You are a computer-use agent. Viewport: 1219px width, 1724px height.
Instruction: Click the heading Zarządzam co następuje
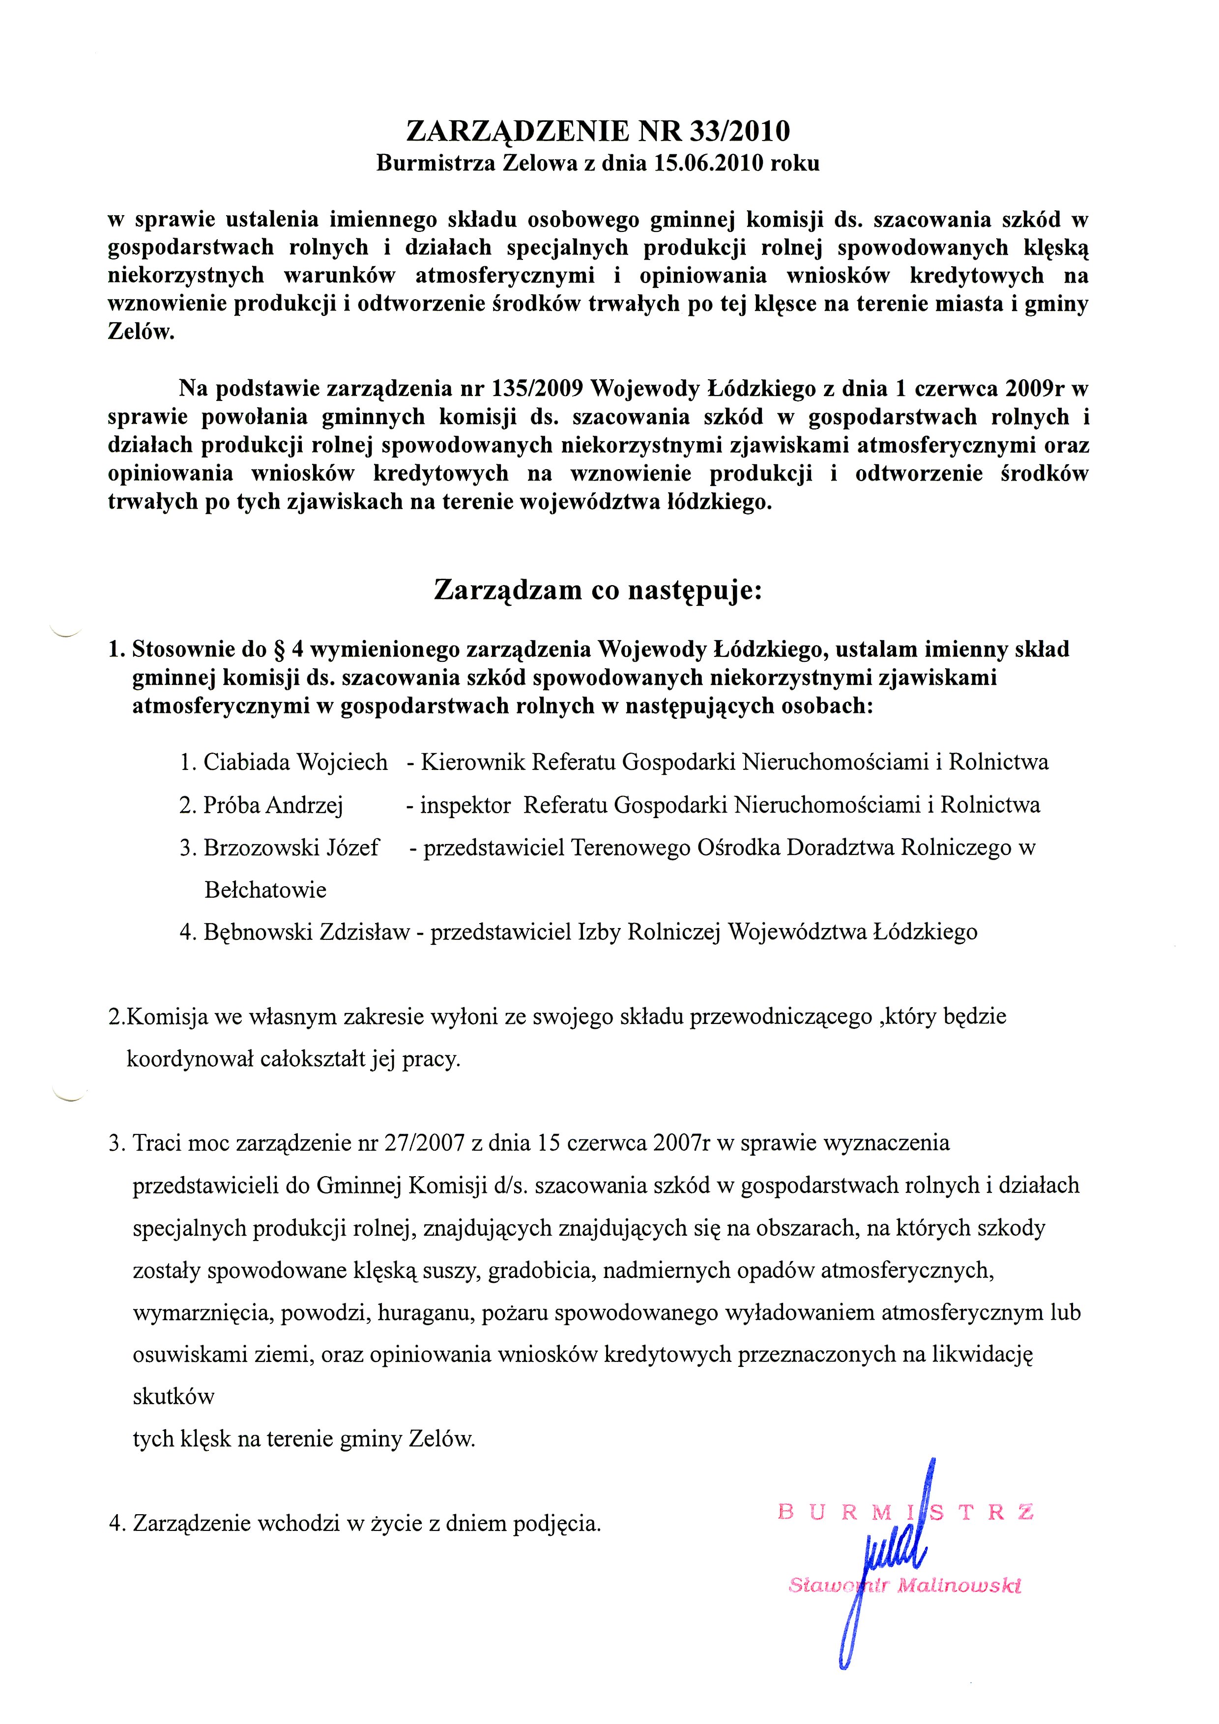pyautogui.click(x=598, y=590)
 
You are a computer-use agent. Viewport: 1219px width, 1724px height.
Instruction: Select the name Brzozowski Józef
pyautogui.click(x=290, y=848)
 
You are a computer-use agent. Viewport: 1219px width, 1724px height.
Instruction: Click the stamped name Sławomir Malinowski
pyautogui.click(x=905, y=1586)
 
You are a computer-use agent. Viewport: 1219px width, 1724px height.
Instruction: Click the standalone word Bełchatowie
pyautogui.click(x=265, y=891)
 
